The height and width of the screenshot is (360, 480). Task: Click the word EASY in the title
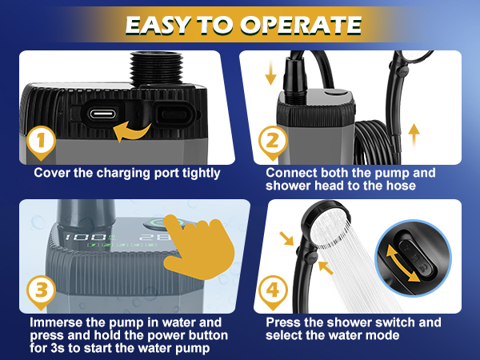click(x=158, y=25)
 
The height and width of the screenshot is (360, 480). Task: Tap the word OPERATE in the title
click(x=301, y=25)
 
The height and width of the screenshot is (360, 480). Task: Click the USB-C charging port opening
click(x=102, y=114)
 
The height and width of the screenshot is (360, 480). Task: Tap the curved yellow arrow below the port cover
click(x=132, y=132)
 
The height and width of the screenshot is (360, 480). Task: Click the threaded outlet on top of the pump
click(x=157, y=68)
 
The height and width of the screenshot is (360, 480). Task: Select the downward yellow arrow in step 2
click(x=270, y=72)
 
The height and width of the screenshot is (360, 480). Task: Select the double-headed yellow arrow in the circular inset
click(x=402, y=265)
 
